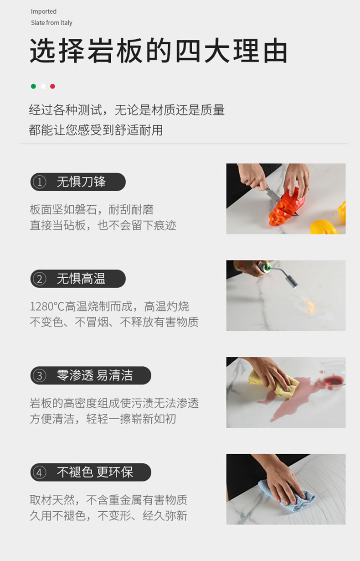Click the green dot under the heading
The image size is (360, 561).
pyautogui.click(x=33, y=86)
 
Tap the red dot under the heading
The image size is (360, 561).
pyautogui.click(x=52, y=86)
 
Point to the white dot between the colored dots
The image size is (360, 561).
pyautogui.click(x=43, y=86)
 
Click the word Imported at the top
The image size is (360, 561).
pyautogui.click(x=44, y=11)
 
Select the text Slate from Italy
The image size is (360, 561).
pyautogui.click(x=51, y=23)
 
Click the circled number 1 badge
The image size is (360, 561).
pyautogui.click(x=40, y=182)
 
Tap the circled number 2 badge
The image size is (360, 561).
pyautogui.click(x=40, y=279)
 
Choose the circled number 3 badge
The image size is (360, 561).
pyautogui.click(x=40, y=376)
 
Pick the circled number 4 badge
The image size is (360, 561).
pyautogui.click(x=40, y=473)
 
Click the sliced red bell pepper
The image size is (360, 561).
pyautogui.click(x=287, y=207)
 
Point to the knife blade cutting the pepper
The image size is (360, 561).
pyautogui.click(x=274, y=194)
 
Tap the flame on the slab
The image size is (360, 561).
pyautogui.click(x=310, y=306)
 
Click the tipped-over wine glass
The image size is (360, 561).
pyautogui.click(x=333, y=373)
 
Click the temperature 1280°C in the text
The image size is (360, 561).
pyautogui.click(x=47, y=307)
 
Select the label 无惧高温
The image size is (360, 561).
pyautogui.click(x=81, y=279)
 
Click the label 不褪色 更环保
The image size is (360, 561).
pyautogui.click(x=95, y=473)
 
